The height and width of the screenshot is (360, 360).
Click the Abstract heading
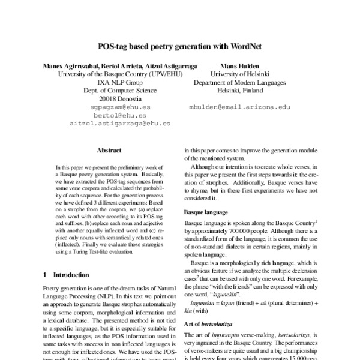pos(109,152)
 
